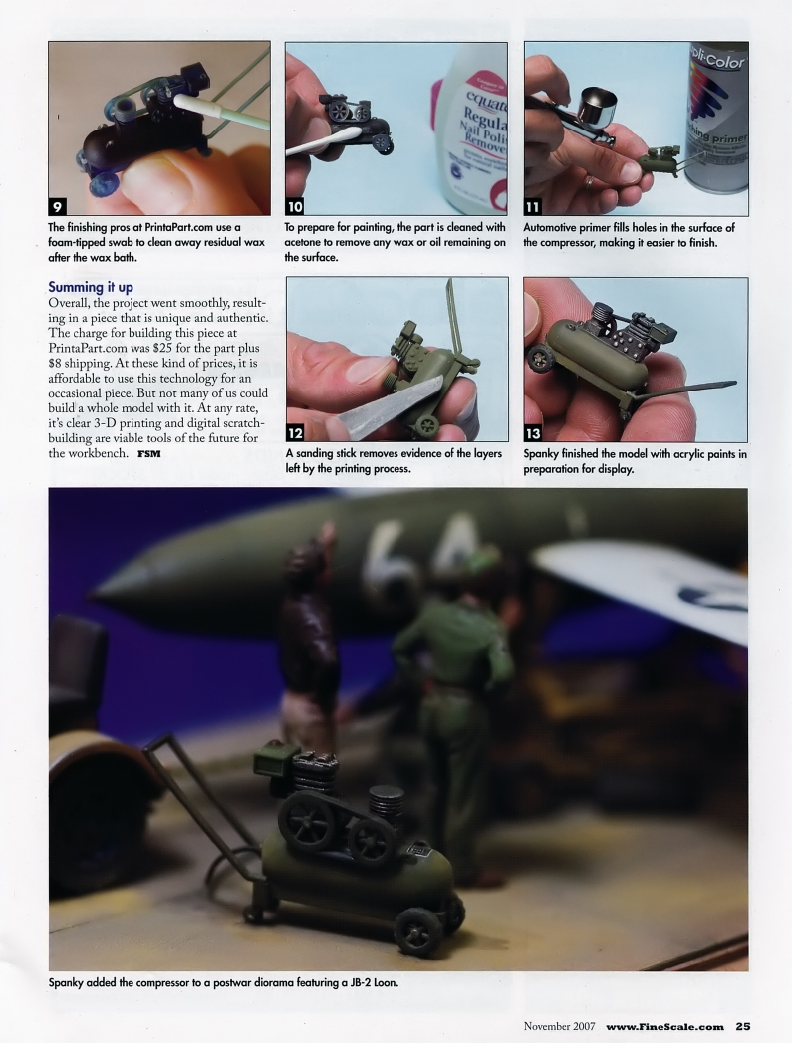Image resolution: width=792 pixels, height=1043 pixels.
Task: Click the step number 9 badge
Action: coord(59,206)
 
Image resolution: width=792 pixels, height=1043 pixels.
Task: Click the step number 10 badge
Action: coord(296,206)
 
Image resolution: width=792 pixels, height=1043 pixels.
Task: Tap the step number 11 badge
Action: coord(535,206)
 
